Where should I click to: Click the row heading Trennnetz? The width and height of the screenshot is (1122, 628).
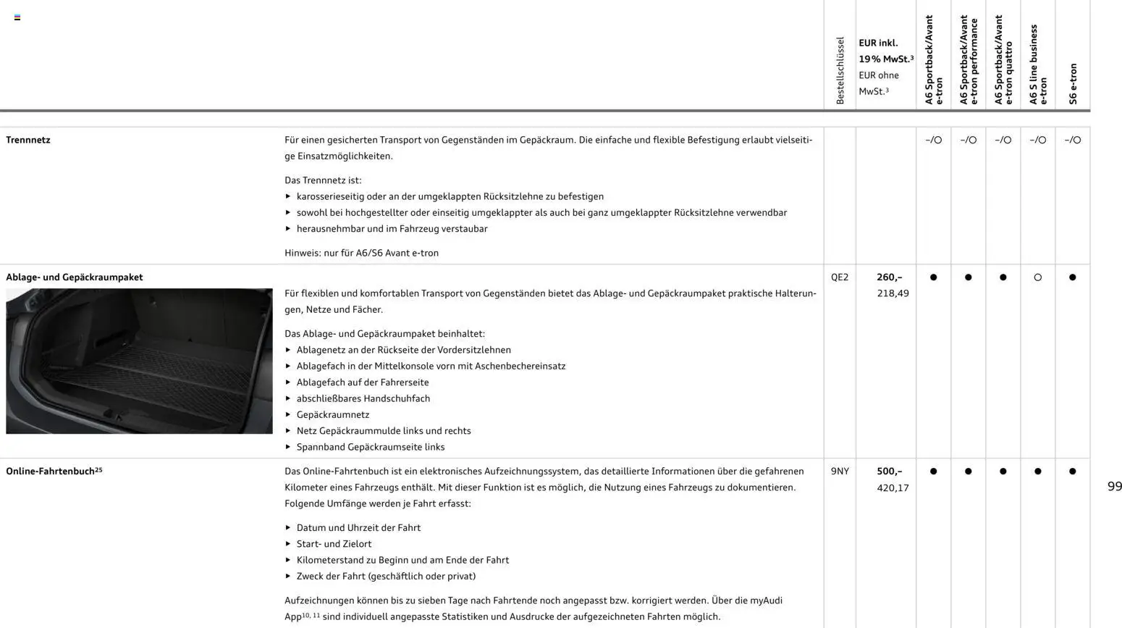28,140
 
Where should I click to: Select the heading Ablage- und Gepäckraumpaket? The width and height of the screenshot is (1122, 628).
74,277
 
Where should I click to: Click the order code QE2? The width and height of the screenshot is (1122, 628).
840,277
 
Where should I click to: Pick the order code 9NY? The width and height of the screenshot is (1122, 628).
840,472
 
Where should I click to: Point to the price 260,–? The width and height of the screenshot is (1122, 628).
889,277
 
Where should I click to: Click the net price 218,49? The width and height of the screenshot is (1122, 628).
893,293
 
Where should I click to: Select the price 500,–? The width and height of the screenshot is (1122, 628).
889,472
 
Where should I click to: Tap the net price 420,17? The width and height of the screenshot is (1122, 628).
893,488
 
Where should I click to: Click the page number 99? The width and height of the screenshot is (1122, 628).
1114,487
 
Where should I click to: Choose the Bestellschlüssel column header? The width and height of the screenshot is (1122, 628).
840,71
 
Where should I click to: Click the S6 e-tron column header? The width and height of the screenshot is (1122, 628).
1073,83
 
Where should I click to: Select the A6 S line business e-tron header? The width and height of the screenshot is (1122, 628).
1038,65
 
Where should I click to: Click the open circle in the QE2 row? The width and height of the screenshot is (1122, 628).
1038,277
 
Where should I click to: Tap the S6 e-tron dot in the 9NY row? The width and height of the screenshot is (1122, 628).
1073,472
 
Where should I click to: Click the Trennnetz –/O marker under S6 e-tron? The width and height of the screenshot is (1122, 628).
1073,140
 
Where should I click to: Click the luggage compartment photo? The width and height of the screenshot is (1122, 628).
139,361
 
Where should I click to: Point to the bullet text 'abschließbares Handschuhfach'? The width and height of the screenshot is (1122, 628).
363,398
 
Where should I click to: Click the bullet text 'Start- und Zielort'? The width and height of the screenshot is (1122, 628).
334,544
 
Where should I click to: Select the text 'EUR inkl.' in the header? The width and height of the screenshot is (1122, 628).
878,43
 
